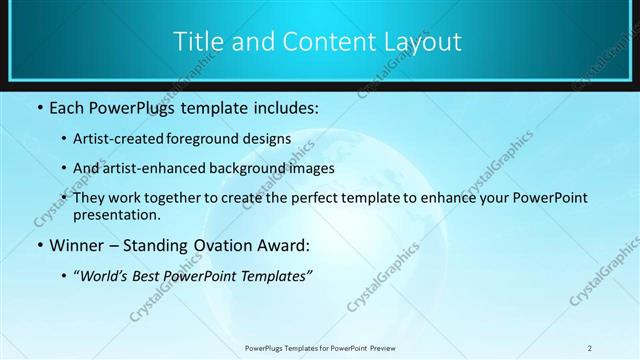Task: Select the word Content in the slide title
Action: point(319,41)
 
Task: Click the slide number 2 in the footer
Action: point(589,348)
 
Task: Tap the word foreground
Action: point(213,138)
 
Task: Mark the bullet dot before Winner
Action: point(39,245)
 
